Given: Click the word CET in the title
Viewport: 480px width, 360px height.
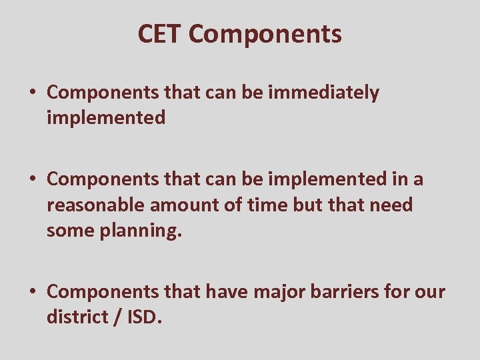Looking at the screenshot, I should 160,34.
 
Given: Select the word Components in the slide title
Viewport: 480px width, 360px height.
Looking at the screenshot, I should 265,34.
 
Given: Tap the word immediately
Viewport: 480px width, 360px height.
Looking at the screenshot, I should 323,93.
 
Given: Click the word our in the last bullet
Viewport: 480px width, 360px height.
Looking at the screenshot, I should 430,292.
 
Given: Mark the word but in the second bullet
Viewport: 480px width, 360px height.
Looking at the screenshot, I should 308,205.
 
